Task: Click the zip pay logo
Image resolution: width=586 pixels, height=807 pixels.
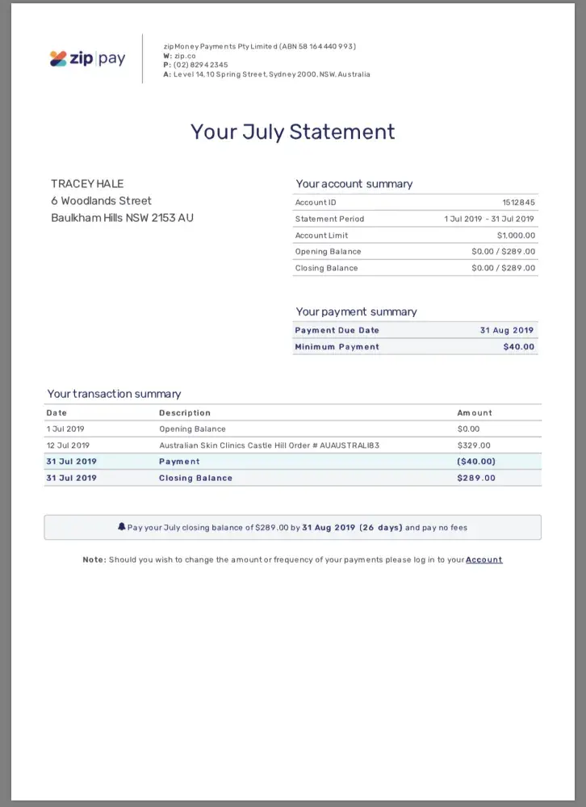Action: pyautogui.click(x=87, y=59)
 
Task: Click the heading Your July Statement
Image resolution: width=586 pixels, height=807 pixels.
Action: pyautogui.click(x=293, y=132)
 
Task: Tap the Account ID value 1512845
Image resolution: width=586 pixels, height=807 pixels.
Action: pyautogui.click(x=518, y=203)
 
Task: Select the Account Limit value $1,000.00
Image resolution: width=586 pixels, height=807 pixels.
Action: pyautogui.click(x=516, y=236)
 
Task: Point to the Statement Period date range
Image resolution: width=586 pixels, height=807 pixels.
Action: pyautogui.click(x=489, y=219)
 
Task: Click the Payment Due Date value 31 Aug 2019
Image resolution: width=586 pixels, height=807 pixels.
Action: pyautogui.click(x=507, y=330)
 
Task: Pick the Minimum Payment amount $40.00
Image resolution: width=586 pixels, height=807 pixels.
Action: pyautogui.click(x=518, y=347)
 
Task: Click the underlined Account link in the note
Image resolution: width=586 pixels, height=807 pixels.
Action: pyautogui.click(x=483, y=560)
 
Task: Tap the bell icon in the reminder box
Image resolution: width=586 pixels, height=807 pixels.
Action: pyautogui.click(x=122, y=528)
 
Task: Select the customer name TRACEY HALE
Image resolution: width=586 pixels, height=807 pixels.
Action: pyautogui.click(x=87, y=184)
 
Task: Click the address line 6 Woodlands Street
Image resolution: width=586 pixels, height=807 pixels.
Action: pyautogui.click(x=101, y=201)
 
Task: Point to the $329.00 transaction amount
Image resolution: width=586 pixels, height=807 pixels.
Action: pyautogui.click(x=474, y=445)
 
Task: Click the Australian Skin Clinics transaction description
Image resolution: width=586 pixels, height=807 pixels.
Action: pyautogui.click(x=269, y=445)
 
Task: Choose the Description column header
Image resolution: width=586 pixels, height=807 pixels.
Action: pyautogui.click(x=185, y=413)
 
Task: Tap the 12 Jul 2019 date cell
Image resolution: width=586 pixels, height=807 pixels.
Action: pyautogui.click(x=68, y=445)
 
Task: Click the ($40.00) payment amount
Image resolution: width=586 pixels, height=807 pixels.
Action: pyautogui.click(x=476, y=462)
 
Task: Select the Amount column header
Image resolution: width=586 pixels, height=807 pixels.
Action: pyautogui.click(x=475, y=413)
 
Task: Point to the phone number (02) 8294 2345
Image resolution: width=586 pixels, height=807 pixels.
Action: pyautogui.click(x=200, y=65)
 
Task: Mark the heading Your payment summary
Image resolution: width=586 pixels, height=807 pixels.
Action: pyautogui.click(x=356, y=312)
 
